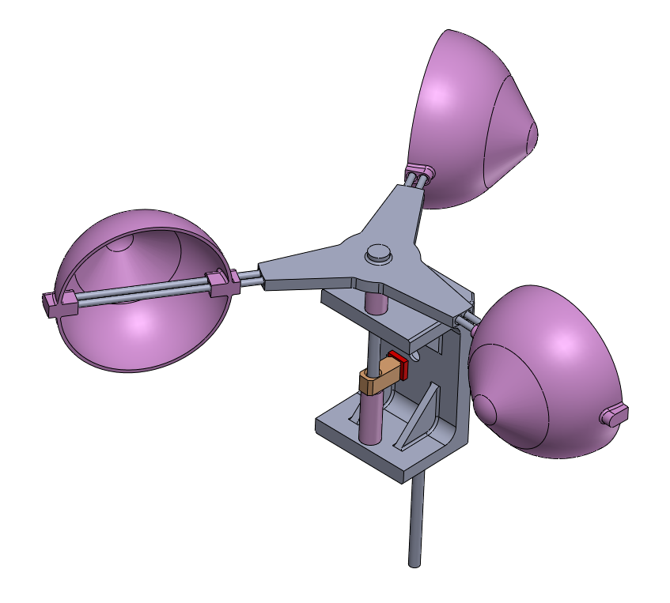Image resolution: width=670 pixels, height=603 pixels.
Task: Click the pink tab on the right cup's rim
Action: point(615,414)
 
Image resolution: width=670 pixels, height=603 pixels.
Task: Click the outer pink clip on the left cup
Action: point(59,302)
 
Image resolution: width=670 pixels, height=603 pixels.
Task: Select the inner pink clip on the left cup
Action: point(221,283)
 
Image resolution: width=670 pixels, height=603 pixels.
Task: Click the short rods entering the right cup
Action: point(468,319)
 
